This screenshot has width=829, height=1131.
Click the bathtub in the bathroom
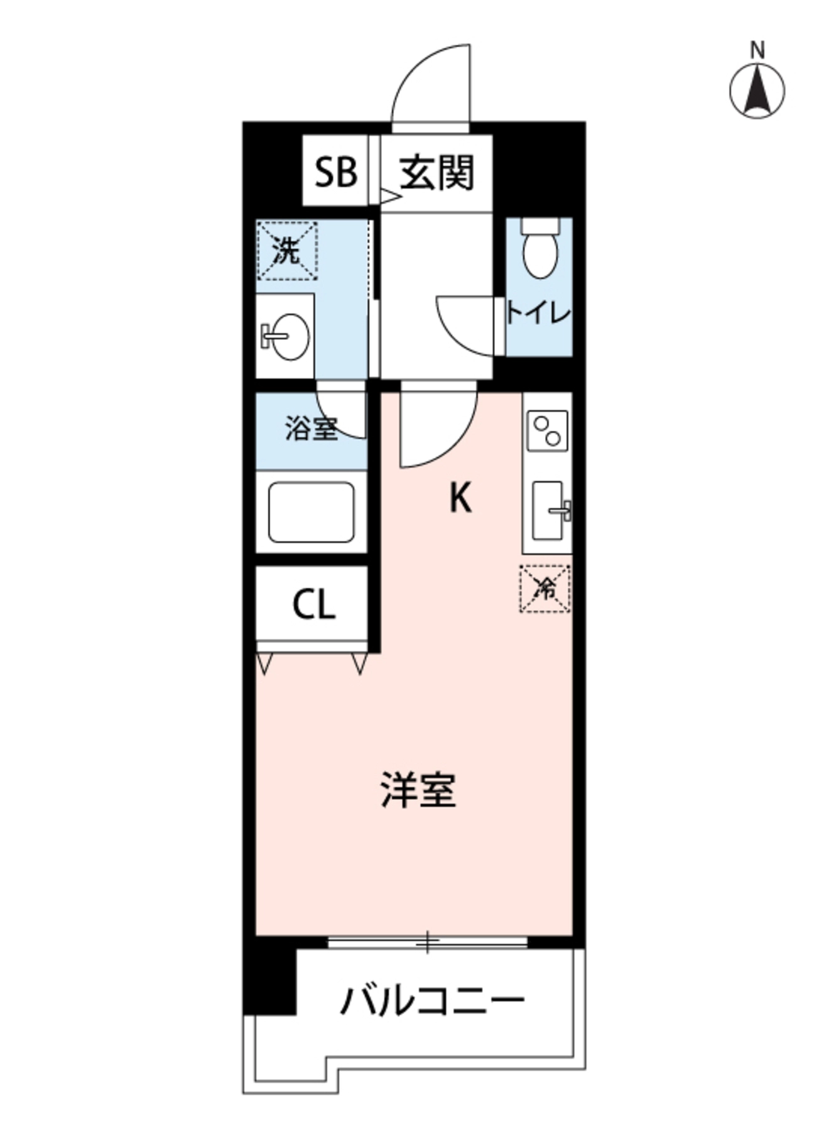[311, 511]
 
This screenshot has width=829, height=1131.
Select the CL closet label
[313, 604]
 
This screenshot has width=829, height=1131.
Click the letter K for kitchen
[460, 500]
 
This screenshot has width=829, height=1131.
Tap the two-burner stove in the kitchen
[547, 430]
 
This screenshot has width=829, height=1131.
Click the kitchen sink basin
[548, 510]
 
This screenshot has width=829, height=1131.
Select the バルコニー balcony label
[432, 999]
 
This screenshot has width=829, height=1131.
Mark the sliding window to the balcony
[427, 941]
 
